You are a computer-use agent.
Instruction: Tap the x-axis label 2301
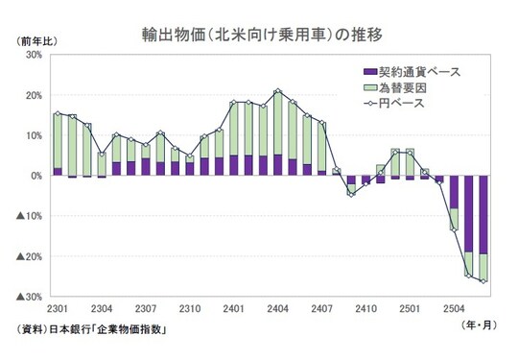click(58, 309)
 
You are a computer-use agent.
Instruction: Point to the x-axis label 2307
click(146, 309)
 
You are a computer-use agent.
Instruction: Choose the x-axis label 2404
click(277, 309)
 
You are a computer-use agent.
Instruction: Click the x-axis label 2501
click(410, 309)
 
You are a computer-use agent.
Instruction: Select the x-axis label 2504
click(454, 309)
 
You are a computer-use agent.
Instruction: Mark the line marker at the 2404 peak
click(277, 91)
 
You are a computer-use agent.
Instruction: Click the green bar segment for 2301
click(58, 141)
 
